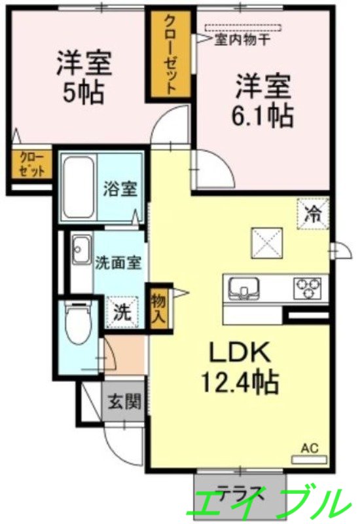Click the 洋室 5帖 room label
pyautogui.click(x=84, y=77)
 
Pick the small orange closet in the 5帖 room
pyautogui.click(x=31, y=164)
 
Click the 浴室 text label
pyautogui.click(x=120, y=189)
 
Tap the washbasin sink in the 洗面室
pyautogui.click(x=81, y=250)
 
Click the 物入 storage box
pyautogui.click(x=159, y=307)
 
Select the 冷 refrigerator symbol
pyautogui.click(x=314, y=212)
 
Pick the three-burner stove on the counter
pyautogui.click(x=307, y=287)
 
